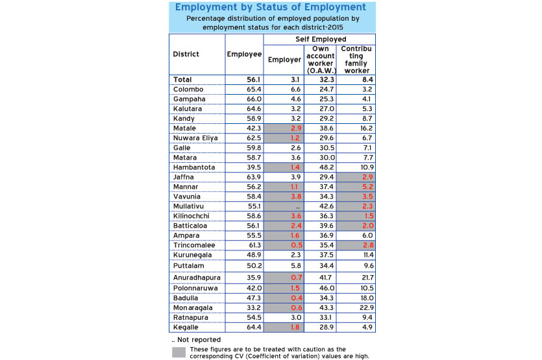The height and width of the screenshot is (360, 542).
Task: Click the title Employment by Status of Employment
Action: tap(270, 8)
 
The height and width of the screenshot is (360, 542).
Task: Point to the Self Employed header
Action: tap(320, 40)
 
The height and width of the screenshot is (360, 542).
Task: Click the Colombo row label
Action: tap(188, 89)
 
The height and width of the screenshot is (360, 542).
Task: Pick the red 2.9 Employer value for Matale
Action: tap(295, 128)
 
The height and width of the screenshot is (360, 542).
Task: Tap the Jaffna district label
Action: tap(184, 177)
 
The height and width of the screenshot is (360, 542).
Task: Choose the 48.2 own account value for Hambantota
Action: tap(327, 167)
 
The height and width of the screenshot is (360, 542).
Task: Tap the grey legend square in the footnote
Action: tap(179, 352)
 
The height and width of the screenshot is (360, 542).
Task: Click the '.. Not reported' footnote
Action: tap(197, 339)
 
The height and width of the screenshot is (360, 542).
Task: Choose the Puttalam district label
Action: tap(188, 265)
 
